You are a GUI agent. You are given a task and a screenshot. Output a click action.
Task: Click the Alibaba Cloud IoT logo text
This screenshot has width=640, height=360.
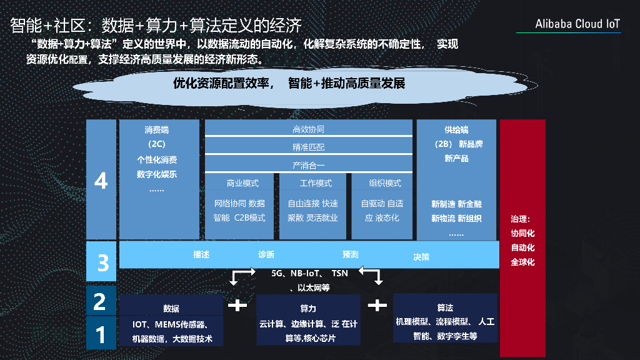577,24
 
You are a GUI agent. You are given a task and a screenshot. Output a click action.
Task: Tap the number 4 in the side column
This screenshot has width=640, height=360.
101,181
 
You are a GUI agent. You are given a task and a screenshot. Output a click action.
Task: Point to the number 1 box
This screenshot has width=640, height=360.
100,334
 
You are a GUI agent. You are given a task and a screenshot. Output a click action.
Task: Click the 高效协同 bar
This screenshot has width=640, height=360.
309,129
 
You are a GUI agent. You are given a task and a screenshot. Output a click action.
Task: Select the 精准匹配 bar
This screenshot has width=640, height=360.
309,147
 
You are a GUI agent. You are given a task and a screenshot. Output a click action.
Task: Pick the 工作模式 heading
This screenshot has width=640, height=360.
316,184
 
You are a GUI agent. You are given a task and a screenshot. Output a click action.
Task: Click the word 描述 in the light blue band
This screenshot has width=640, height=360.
201,255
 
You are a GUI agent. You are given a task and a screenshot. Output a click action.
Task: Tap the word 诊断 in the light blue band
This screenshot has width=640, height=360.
266,255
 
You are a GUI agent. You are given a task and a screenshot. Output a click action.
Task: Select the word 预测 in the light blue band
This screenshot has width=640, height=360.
350,255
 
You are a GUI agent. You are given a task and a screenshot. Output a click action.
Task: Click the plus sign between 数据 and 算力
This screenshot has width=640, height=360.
237,306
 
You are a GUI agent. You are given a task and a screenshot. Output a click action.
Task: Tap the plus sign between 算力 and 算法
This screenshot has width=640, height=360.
377,306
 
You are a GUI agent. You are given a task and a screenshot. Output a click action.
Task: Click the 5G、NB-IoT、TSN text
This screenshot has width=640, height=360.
309,274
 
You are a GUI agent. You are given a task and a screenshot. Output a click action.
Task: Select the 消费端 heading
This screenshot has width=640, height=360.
156,130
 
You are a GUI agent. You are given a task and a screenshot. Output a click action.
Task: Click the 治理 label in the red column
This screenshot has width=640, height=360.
520,219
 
